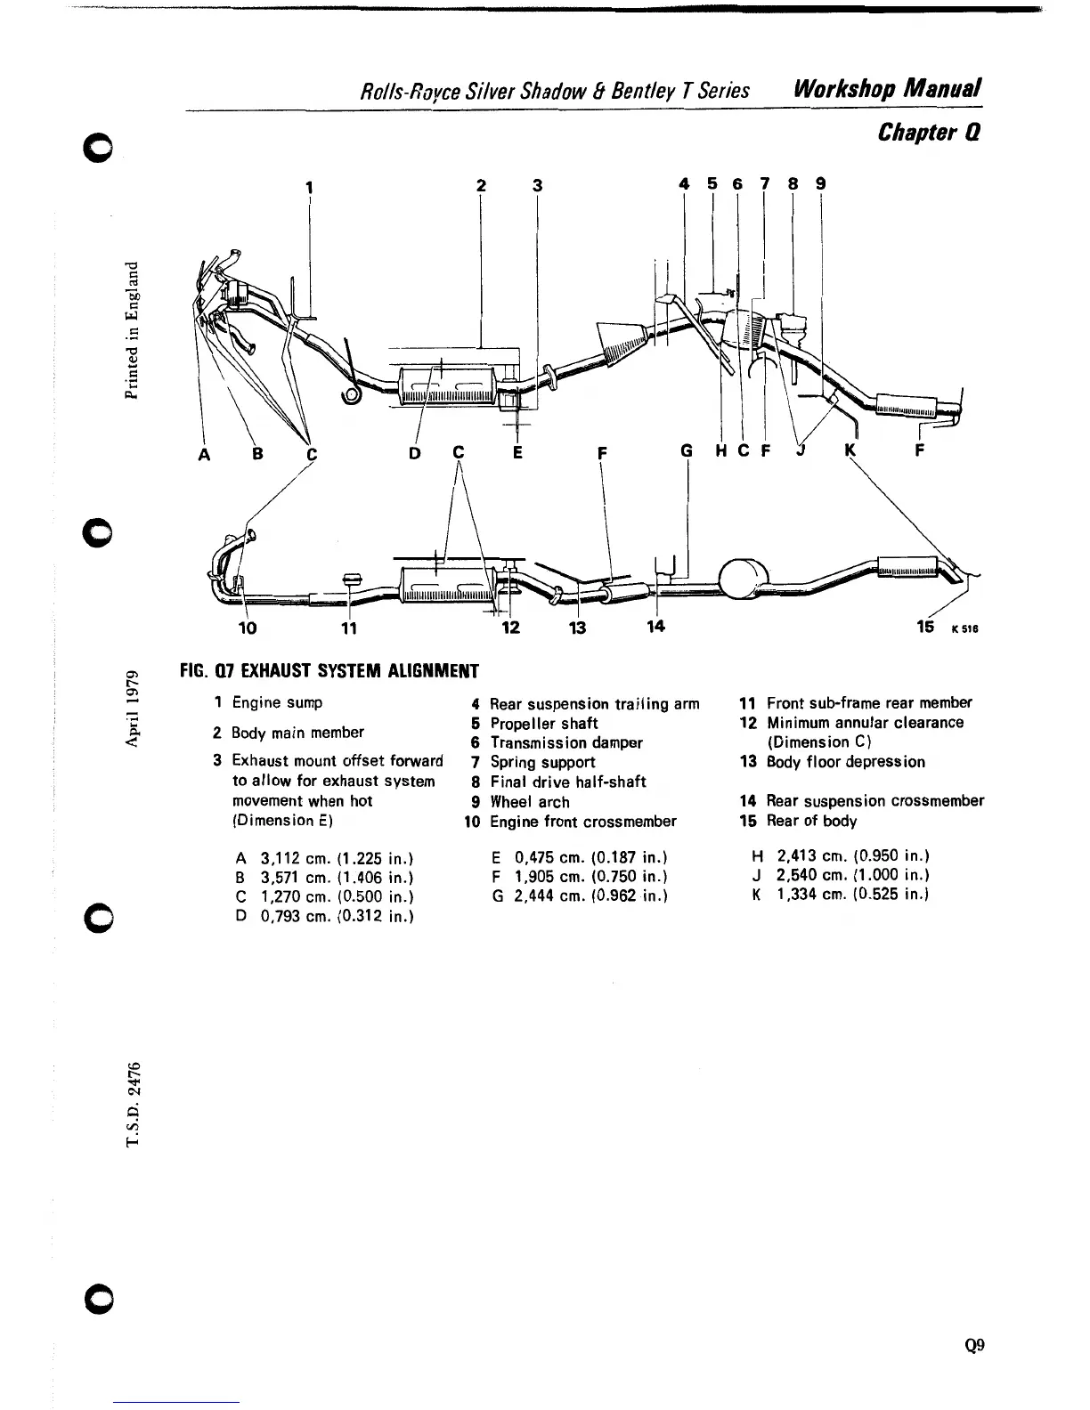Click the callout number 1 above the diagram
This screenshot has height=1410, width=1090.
[x=308, y=188]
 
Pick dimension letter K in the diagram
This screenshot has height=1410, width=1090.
[x=849, y=451]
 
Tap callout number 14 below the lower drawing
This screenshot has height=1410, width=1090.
[x=655, y=626]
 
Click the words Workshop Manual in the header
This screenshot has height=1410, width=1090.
[x=888, y=89]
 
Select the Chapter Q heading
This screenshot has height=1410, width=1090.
[x=929, y=133]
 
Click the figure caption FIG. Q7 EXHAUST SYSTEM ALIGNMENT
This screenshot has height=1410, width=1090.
[x=329, y=670]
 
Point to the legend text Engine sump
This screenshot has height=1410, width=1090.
[x=277, y=702]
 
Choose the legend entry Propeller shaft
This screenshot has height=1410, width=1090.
[x=543, y=723]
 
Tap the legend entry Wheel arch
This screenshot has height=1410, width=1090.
[x=529, y=801]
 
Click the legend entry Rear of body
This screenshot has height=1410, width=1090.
[x=811, y=821]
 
